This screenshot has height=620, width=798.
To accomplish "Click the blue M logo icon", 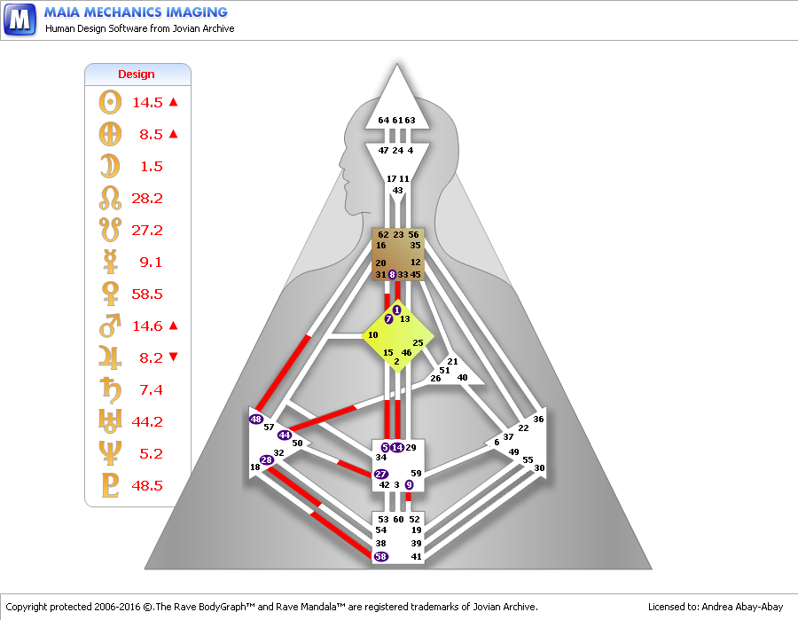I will point(20,20).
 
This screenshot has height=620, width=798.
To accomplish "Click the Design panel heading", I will point(136,75).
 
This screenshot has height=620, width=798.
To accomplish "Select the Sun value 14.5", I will point(148,103).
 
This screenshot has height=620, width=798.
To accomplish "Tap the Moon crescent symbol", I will point(109,166).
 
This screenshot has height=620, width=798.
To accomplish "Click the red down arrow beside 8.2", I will point(173,357).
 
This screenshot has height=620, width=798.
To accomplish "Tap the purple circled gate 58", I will point(381,556).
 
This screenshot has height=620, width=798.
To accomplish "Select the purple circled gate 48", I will point(256,419).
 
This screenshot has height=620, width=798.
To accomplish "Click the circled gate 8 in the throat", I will point(392,275).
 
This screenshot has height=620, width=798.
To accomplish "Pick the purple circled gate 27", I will point(381,475).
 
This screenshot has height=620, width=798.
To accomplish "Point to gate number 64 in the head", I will point(383,121).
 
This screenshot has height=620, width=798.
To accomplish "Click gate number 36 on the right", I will point(538,419).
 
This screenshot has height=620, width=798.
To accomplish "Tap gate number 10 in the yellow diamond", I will point(373,335).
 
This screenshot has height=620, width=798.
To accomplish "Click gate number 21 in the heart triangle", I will point(452,362).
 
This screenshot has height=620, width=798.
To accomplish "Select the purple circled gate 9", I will point(409,485).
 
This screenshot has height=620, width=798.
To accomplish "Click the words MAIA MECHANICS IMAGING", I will point(137,12).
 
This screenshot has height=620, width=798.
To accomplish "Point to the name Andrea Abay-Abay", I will point(741,607).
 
